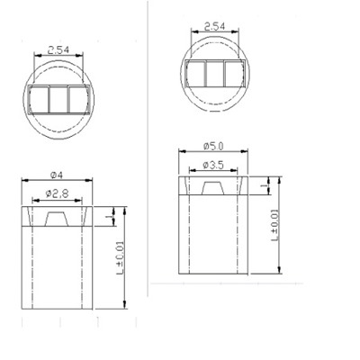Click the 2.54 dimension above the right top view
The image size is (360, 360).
tap(215, 28)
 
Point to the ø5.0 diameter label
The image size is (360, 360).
tap(214, 144)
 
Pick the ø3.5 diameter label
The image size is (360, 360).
tap(214, 164)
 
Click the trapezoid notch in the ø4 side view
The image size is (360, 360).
tap(56, 219)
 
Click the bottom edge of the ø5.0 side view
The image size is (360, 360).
tap(214, 274)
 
